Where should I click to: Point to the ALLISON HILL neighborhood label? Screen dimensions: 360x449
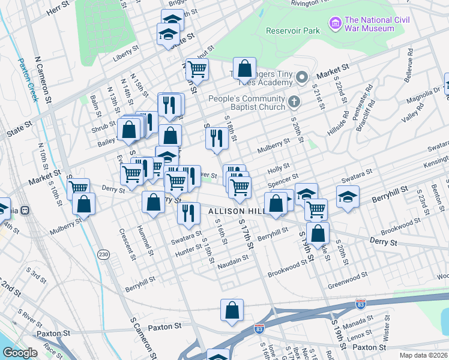(x=235, y=212)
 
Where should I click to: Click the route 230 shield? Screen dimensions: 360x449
(x=104, y=255)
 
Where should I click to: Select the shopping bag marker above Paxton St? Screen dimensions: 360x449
(x=232, y=310)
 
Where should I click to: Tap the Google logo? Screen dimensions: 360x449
(x=20, y=353)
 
